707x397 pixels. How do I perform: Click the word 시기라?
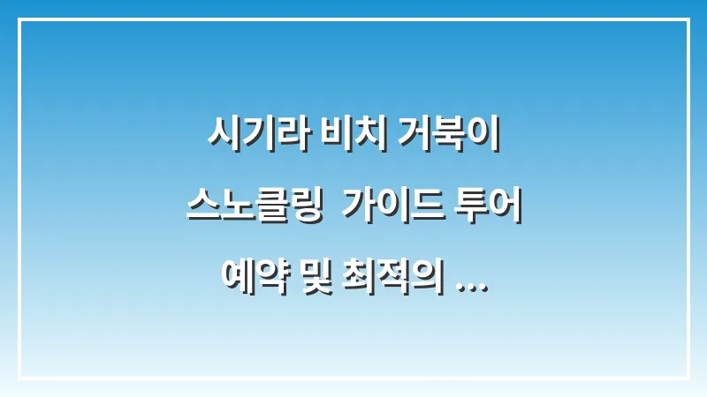[x=248, y=138]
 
